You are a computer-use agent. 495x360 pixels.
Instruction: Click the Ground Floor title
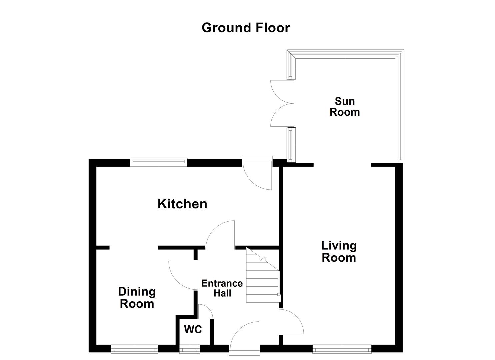coord(246,28)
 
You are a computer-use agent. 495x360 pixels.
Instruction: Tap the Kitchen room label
coord(182,204)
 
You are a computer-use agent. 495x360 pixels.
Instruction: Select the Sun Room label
coord(345,106)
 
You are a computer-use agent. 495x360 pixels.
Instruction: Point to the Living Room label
coord(339,252)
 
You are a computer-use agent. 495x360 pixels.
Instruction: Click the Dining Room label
coord(137,298)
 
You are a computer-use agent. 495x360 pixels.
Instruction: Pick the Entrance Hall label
coord(222,288)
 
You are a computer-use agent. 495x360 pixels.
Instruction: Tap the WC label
coord(193,330)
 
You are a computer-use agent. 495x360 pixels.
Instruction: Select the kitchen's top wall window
coord(158,162)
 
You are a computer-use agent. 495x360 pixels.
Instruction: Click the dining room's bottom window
coord(134,350)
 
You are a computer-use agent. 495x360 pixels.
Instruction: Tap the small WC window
coord(189,350)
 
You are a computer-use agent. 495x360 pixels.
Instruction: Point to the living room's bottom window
coord(342,350)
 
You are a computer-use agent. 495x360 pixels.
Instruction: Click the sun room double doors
coord(282,103)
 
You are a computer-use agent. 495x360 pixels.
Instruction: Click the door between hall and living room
coord(291,321)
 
